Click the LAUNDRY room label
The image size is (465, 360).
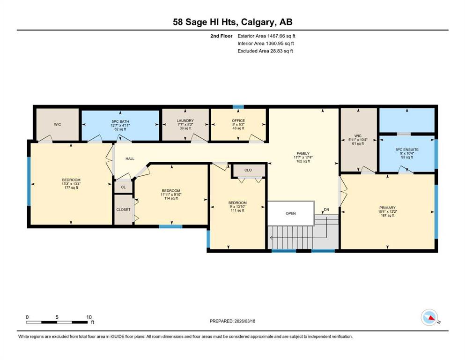(185, 121)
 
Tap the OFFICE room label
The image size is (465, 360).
(238, 121)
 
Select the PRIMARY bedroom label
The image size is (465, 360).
(387, 208)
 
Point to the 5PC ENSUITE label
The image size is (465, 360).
(407, 150)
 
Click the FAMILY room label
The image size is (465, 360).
(303, 153)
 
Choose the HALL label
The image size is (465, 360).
(130, 159)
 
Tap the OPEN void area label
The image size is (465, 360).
(291, 213)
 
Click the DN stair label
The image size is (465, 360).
(326, 210)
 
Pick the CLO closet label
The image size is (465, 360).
(248, 170)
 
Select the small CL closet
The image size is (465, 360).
(123, 187)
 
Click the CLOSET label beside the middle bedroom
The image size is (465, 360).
(123, 210)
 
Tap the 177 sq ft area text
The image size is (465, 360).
(71, 187)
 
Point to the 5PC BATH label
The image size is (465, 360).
(120, 122)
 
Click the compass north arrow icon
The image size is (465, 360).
(429, 317)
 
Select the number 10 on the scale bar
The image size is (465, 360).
(89, 317)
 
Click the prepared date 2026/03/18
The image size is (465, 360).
(245, 321)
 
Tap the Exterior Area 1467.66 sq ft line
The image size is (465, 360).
(266, 36)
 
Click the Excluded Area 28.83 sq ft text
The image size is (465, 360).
(265, 51)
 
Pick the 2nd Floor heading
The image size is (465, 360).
(221, 36)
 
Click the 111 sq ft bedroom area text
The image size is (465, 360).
(237, 210)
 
